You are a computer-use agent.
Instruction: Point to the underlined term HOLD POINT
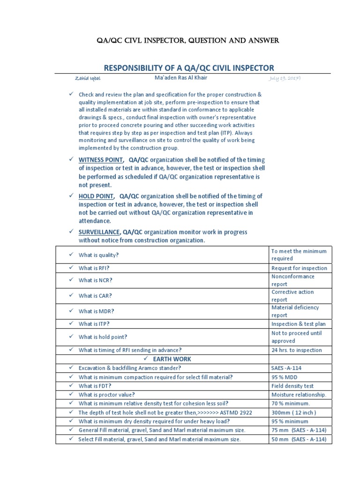coord(96,195)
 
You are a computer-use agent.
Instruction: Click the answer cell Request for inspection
coord(299,268)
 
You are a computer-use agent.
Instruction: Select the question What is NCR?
coord(95,280)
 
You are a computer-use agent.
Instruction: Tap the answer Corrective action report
coord(292,296)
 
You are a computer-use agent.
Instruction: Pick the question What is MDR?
coord(96,311)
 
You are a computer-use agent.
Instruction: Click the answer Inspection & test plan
coord(298,324)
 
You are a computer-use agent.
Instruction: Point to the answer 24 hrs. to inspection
coord(296,350)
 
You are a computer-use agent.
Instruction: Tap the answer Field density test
coord(293,386)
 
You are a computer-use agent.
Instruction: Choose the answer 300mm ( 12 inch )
coord(293,412)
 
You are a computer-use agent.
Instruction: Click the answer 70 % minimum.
coord(291,404)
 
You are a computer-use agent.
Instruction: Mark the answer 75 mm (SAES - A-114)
coord(299,430)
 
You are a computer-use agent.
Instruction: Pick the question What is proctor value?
coord(107,395)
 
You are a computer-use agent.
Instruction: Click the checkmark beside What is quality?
coord(69,255)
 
